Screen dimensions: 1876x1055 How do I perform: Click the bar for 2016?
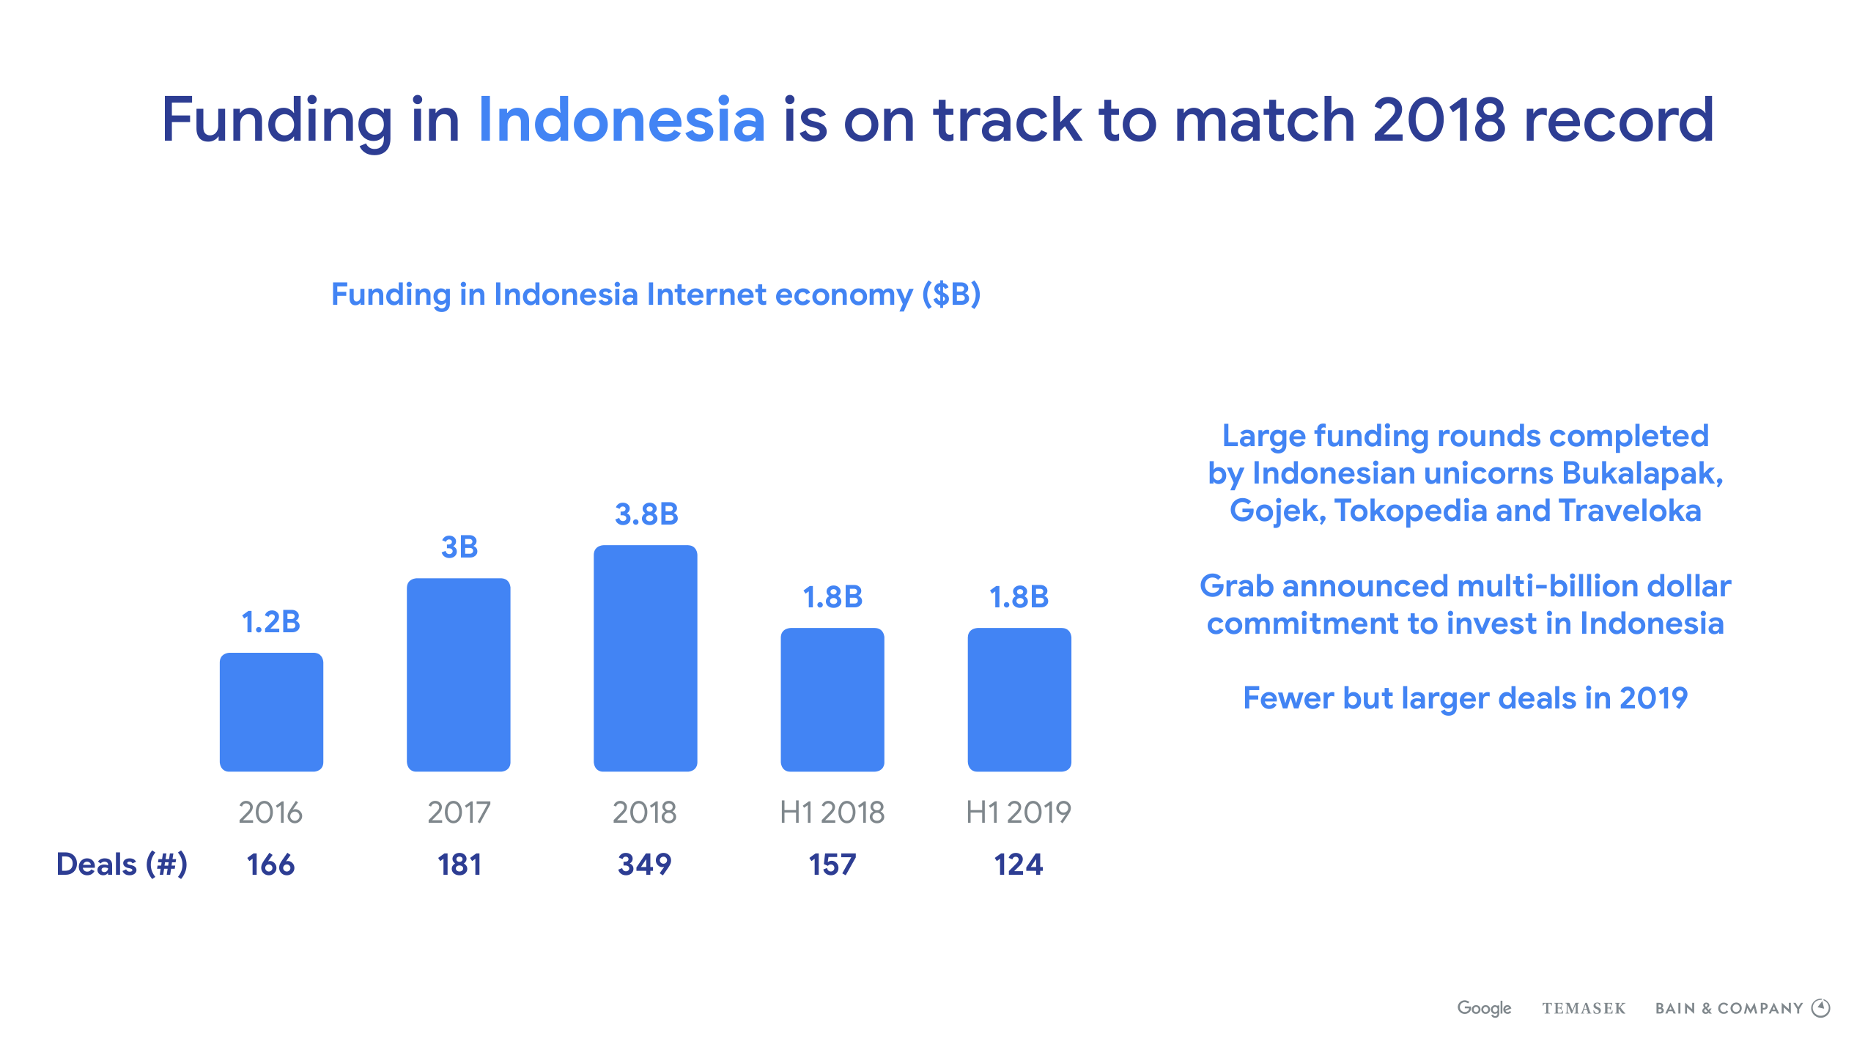(271, 711)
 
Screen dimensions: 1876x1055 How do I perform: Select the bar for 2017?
(459, 675)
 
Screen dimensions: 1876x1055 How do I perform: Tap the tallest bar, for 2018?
(646, 658)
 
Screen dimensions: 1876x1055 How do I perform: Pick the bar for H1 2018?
(832, 700)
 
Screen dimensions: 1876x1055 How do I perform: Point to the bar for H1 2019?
(1019, 700)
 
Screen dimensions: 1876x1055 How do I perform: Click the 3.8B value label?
(646, 514)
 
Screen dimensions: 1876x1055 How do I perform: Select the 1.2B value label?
(271, 622)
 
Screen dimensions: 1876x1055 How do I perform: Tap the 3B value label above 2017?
(459, 547)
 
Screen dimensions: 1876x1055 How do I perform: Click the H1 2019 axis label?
(1019, 812)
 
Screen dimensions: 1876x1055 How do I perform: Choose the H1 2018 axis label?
(832, 812)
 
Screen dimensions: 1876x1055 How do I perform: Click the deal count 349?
(645, 865)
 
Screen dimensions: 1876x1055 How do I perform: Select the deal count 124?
(1019, 865)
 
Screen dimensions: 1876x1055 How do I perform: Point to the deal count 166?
(270, 865)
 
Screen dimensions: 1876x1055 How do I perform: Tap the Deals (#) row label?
(122, 865)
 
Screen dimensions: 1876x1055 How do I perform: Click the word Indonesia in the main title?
(621, 119)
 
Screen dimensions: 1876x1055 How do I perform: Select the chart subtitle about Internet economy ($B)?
(656, 295)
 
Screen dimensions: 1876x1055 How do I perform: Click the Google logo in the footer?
(1484, 1008)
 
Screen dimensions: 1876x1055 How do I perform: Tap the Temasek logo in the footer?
(1584, 1008)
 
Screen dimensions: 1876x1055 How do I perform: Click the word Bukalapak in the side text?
(1642, 474)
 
